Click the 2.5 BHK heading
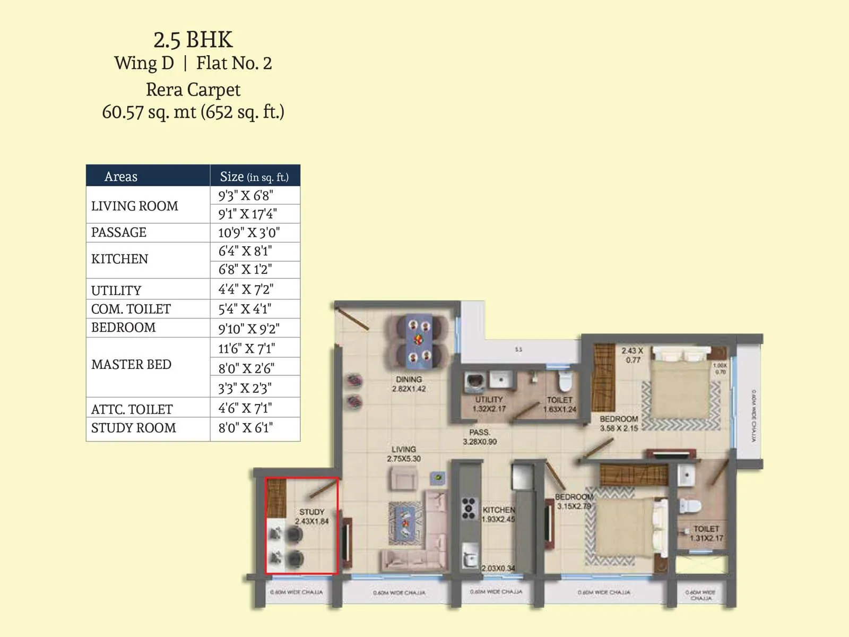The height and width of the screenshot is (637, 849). coord(193,40)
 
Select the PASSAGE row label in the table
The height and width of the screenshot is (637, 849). coord(119,233)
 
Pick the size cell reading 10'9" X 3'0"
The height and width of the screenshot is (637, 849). coord(249,233)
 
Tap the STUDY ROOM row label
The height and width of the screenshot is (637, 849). coord(133,428)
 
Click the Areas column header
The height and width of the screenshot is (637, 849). coord(121,176)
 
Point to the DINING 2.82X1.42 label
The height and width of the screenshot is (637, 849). coord(409,384)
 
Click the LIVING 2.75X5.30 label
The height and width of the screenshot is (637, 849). coord(404,454)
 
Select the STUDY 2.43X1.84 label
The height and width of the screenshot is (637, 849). coord(311,517)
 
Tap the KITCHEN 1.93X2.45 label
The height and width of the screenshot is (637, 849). coord(498,514)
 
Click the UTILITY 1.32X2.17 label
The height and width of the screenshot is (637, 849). coord(489,404)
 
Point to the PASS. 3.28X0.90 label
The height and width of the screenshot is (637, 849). coord(480,437)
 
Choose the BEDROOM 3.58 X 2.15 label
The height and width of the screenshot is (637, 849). coord(619,424)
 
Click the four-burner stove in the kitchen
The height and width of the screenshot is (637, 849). coord(469,508)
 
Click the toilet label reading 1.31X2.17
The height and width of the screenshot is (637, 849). coord(706,533)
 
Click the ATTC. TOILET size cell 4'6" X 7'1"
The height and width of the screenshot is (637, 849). coord(245,408)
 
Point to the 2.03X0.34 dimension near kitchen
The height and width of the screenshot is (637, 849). coord(498,569)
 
